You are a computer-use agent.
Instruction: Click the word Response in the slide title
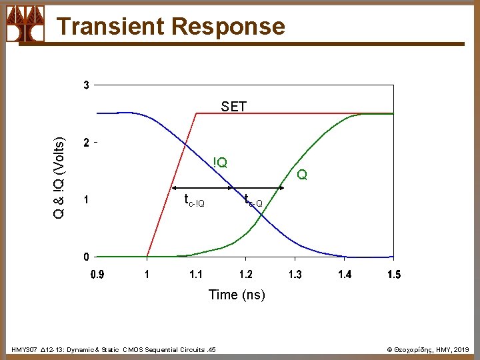click(228, 26)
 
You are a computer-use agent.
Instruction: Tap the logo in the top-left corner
click(25, 24)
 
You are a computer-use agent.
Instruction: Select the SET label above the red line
click(233, 106)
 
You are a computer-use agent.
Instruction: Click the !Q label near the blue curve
click(220, 162)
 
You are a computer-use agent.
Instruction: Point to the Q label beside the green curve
click(302, 175)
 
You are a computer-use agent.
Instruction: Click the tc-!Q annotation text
click(194, 200)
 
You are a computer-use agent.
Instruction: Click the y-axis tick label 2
click(87, 143)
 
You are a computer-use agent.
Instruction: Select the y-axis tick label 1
click(87, 199)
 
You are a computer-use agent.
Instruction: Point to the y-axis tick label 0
click(87, 257)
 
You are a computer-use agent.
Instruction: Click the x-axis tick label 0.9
click(97, 274)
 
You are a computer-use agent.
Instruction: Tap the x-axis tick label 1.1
click(196, 274)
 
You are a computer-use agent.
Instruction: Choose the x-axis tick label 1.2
click(245, 274)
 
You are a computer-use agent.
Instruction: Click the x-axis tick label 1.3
click(295, 274)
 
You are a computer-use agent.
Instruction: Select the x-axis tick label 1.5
click(393, 274)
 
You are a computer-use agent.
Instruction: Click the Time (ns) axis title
click(237, 295)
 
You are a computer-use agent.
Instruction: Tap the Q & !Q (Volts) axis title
click(59, 178)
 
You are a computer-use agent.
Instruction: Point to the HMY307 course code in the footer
click(24, 349)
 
